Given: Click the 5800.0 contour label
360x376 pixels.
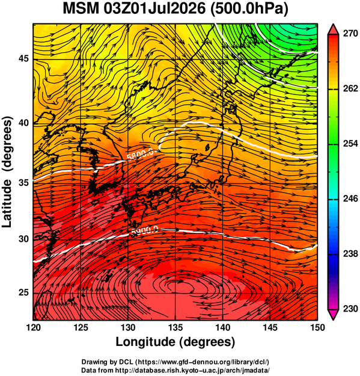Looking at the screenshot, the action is click(142, 155).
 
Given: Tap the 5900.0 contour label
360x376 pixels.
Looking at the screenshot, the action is click(145, 231).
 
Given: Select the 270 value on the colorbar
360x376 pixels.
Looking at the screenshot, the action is click(350, 34).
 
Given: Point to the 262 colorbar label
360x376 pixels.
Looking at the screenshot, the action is click(350, 88).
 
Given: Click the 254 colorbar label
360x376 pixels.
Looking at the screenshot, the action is click(350, 144).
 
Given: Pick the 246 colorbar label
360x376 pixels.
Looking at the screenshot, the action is click(350, 199).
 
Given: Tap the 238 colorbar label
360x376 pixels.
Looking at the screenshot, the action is click(350, 253).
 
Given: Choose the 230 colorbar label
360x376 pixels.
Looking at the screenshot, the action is click(350, 309).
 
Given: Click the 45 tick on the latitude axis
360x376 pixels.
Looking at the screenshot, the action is click(23, 59).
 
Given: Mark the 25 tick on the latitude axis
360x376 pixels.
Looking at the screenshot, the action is click(23, 293).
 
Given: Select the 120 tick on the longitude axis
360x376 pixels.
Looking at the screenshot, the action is click(33, 327).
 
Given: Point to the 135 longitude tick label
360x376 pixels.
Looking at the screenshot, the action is click(175, 327).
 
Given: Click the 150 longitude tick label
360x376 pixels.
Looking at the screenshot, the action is click(317, 327).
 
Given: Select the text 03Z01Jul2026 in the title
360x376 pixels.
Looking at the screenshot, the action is click(154, 8).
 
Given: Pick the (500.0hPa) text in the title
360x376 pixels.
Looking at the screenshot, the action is click(248, 9).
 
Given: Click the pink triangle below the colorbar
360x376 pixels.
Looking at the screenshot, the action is click(333, 314).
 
